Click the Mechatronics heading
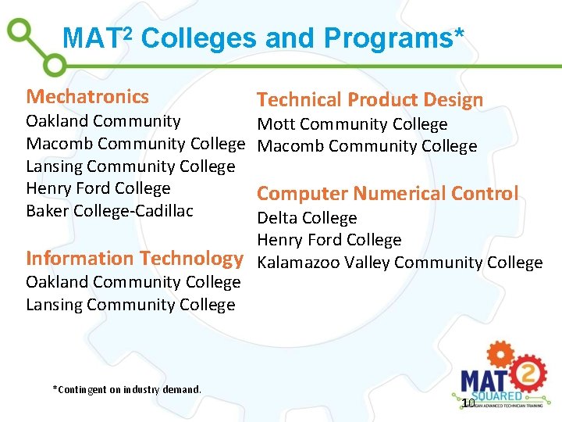click(87, 97)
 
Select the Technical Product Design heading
click(370, 100)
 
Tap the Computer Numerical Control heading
click(387, 194)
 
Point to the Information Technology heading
click(135, 258)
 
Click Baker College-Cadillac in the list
click(109, 210)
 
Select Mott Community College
click(352, 124)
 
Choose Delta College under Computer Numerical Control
click(307, 218)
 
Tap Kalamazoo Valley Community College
click(400, 263)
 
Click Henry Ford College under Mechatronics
click(98, 188)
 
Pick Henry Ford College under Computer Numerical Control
click(329, 240)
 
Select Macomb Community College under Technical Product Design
click(367, 146)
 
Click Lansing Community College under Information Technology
click(130, 305)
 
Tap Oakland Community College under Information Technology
click(133, 282)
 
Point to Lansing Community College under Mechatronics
click(130, 166)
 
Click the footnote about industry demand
click(126, 389)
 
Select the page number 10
click(468, 403)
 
